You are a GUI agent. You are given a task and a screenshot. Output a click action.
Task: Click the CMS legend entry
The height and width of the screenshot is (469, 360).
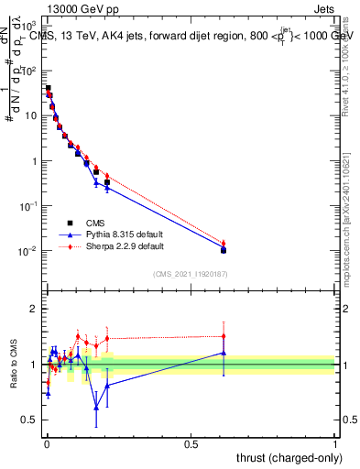[94, 223]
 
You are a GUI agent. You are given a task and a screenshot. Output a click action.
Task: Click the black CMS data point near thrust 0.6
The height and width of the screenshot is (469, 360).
[224, 249]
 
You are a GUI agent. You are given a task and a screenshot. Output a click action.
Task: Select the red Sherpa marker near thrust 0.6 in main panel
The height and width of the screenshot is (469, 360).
[224, 243]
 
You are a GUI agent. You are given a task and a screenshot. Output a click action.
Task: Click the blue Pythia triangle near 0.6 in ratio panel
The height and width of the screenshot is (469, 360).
[224, 353]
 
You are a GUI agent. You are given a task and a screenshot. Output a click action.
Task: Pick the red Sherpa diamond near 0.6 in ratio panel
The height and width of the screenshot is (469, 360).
[224, 337]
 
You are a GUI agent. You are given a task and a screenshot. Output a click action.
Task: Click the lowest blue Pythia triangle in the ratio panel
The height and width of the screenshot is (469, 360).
[96, 406]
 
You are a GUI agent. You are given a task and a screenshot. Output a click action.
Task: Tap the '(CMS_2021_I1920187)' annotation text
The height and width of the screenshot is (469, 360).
[191, 274]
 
